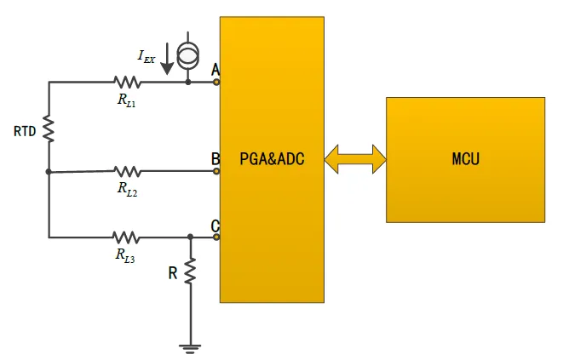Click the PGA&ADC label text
(x=271, y=158)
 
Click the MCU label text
(x=465, y=158)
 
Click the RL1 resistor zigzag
(x=127, y=83)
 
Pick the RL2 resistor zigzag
(x=127, y=171)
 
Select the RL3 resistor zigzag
(x=127, y=237)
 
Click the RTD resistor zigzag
(x=49, y=129)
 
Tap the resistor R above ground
(x=190, y=272)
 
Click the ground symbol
(x=190, y=347)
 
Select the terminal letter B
(x=216, y=159)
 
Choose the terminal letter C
(x=216, y=226)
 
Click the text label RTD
(x=25, y=132)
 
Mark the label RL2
(x=127, y=191)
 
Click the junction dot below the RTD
(x=49, y=171)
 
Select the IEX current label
(x=147, y=56)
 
